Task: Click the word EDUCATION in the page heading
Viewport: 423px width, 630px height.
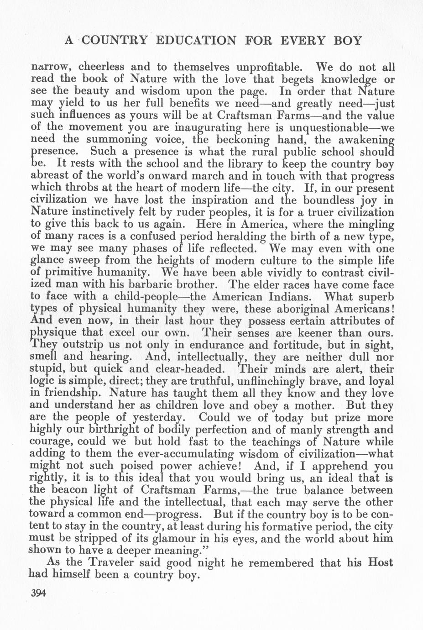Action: point(196,40)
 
